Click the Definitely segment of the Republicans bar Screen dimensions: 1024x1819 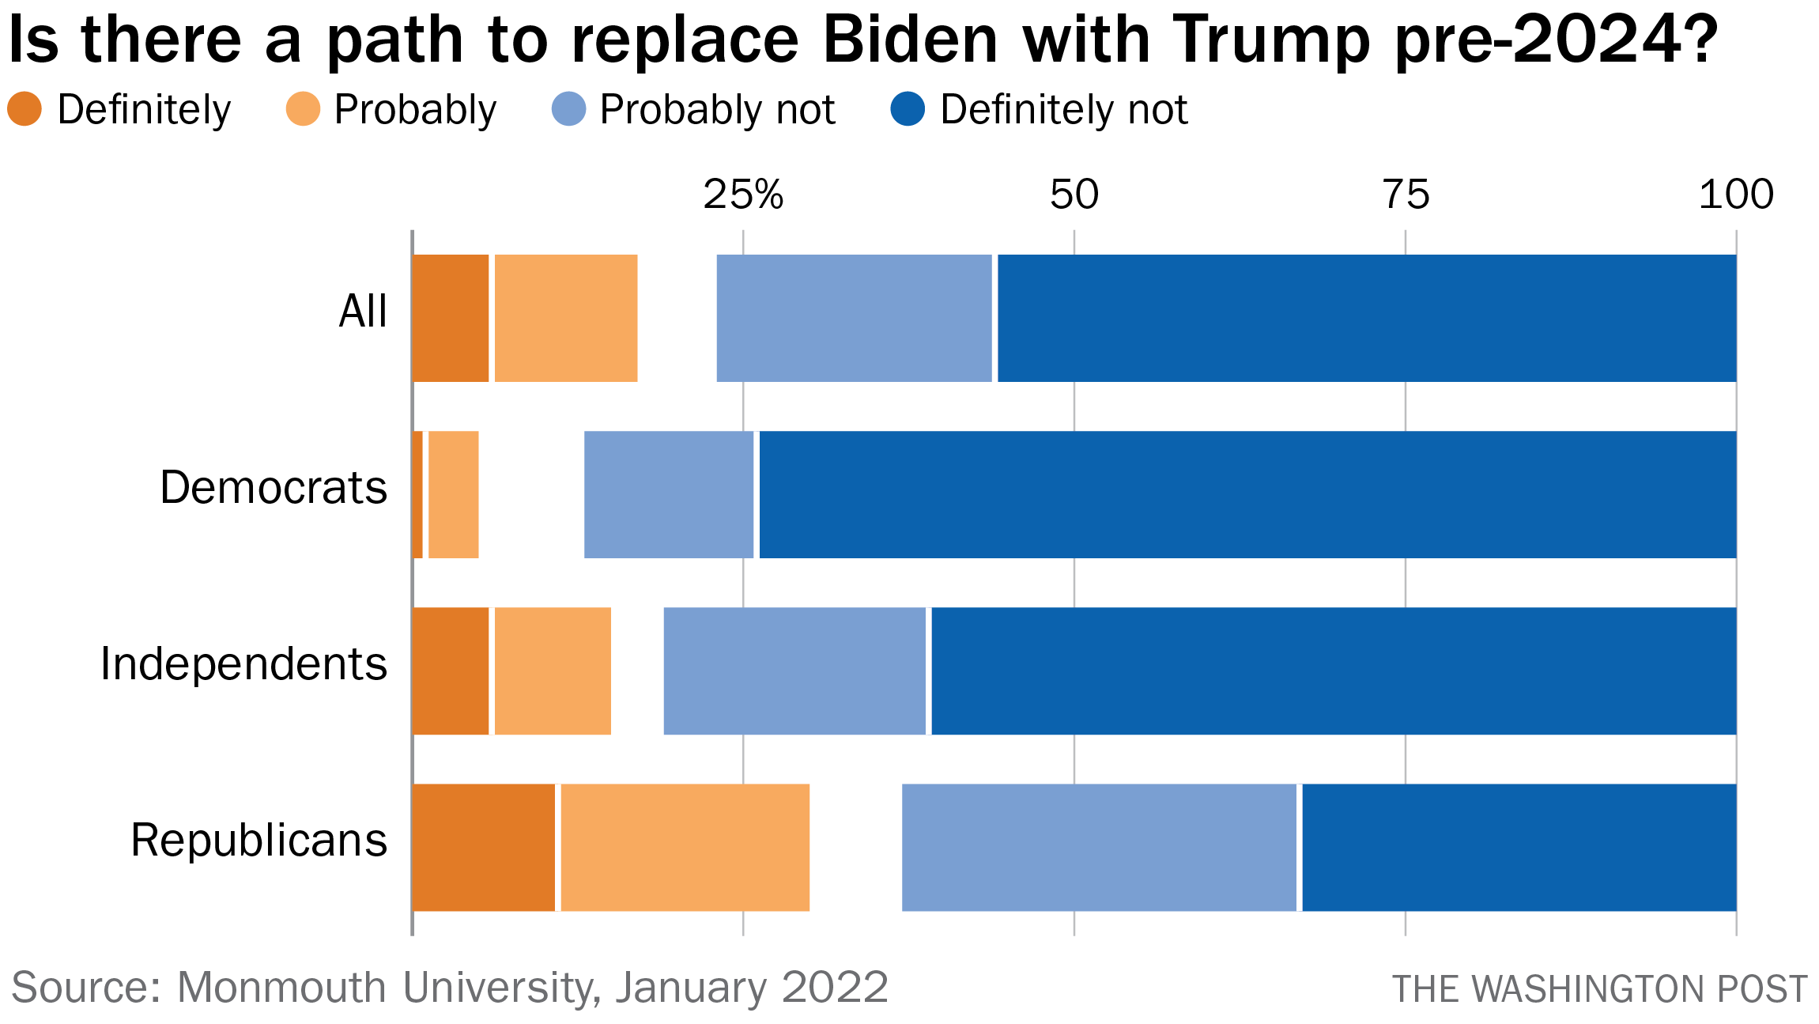(483, 847)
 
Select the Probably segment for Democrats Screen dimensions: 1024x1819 (453, 494)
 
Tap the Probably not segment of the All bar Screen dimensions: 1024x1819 (854, 318)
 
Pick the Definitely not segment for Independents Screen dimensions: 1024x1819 (1334, 671)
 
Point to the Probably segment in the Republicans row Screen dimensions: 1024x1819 (685, 847)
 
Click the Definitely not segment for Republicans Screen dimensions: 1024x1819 (1519, 847)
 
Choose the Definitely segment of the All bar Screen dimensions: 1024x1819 (450, 318)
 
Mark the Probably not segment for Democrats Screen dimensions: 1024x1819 (669, 494)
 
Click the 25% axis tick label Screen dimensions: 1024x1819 (743, 195)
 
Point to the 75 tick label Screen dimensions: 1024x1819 (1406, 195)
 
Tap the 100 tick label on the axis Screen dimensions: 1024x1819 (1736, 195)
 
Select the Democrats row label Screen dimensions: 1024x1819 (274, 487)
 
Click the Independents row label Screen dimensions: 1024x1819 (243, 663)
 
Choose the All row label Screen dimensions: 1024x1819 (363, 311)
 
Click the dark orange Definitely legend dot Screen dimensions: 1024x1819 (25, 109)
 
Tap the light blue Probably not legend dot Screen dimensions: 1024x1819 (569, 109)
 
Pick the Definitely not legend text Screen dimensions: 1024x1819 (1063, 109)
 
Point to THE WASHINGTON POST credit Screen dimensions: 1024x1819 (1599, 989)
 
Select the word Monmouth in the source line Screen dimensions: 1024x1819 (285, 988)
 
